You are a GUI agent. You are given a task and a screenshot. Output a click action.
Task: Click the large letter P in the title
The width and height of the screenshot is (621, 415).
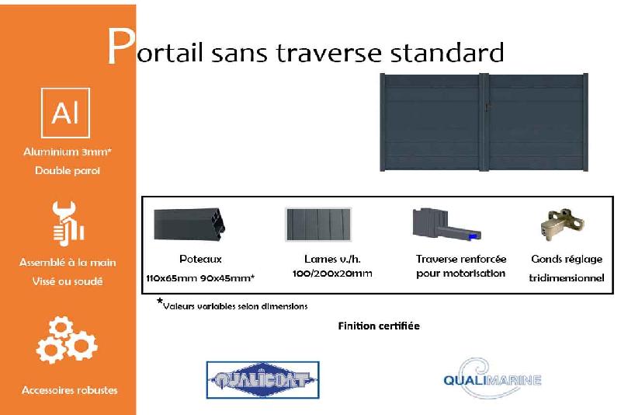[120, 48]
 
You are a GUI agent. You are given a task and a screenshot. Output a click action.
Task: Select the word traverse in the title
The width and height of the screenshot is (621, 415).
[317, 53]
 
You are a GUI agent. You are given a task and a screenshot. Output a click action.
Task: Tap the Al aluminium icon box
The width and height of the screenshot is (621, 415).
[65, 113]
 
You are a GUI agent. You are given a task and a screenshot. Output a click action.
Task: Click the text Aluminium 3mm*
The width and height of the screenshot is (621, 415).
[68, 152]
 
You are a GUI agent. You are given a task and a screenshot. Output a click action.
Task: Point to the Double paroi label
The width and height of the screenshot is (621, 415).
[68, 170]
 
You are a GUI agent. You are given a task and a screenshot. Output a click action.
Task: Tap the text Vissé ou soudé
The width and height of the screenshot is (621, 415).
[68, 281]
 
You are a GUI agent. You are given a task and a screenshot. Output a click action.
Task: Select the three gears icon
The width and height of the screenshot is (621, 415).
[67, 340]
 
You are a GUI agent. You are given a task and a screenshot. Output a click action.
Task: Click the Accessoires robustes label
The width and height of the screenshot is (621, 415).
[69, 389]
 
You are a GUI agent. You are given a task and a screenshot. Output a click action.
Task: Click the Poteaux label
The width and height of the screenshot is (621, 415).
[200, 259]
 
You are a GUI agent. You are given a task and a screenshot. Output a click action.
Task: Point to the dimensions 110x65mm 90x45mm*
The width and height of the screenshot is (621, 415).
[200, 277]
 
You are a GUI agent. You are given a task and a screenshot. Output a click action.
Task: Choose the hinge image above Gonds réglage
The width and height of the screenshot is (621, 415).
[560, 225]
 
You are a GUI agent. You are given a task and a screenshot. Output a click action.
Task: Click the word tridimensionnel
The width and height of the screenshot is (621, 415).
[567, 277]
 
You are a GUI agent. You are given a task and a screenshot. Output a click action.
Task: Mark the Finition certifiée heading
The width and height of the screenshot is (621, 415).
[379, 326]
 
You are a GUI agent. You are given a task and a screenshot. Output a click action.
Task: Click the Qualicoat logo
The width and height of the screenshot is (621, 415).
[262, 380]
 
